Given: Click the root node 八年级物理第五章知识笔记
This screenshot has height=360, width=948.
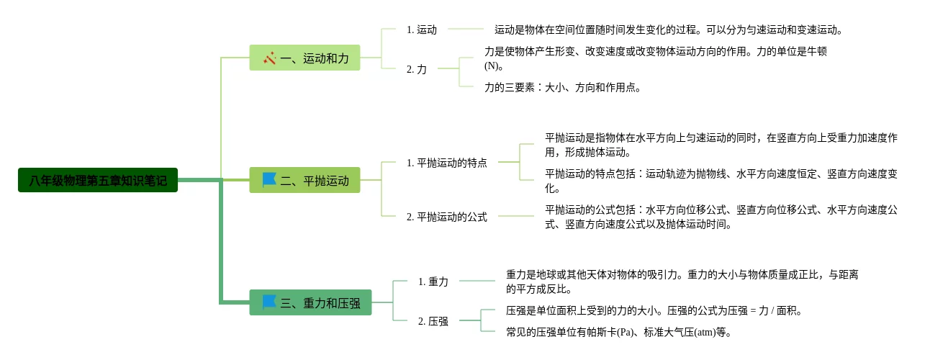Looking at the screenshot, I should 98,180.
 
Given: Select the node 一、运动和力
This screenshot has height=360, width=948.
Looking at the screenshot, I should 304,58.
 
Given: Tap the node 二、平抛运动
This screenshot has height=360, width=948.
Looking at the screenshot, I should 304,180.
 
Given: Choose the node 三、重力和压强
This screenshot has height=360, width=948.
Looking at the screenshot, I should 310,302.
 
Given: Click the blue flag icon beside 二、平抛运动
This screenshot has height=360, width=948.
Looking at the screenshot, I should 269,179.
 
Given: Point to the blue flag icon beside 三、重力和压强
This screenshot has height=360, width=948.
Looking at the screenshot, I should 269,302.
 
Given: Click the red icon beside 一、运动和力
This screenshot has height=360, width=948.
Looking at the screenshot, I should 270,58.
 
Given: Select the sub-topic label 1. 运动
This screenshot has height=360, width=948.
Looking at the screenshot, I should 422,30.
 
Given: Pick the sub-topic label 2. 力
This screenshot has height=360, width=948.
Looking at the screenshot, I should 417,69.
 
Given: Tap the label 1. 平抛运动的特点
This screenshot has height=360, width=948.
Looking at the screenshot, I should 446,163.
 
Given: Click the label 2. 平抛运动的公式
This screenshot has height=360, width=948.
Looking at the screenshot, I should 446,217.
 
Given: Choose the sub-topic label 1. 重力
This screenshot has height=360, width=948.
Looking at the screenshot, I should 433,282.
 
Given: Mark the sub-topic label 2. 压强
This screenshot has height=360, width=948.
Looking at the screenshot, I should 433,321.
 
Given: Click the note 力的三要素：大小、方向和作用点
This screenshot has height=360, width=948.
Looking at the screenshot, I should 562,88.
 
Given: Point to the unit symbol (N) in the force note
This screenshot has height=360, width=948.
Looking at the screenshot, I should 492,66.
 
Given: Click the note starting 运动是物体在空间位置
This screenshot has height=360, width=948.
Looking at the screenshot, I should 668,30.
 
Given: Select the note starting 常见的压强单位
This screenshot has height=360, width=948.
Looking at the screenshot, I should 619,332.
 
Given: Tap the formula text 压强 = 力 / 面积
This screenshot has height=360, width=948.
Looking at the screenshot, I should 755,311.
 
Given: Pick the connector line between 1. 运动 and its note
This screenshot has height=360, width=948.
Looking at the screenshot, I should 465,30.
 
